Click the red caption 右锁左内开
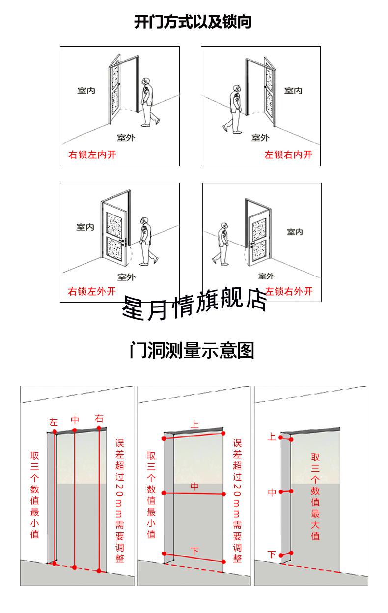click(x=92, y=155)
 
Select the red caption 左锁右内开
click(x=288, y=155)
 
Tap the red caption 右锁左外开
click(x=92, y=291)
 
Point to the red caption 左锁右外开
click(x=289, y=291)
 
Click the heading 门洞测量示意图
click(x=192, y=351)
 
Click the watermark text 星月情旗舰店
click(x=194, y=305)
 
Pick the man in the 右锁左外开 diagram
click(x=144, y=240)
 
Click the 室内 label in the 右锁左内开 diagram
click(x=86, y=91)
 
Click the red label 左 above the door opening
click(x=54, y=422)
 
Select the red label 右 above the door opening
click(x=99, y=419)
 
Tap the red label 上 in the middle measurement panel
click(x=194, y=424)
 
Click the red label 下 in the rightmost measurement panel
click(x=272, y=554)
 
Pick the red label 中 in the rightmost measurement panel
click(x=272, y=492)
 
